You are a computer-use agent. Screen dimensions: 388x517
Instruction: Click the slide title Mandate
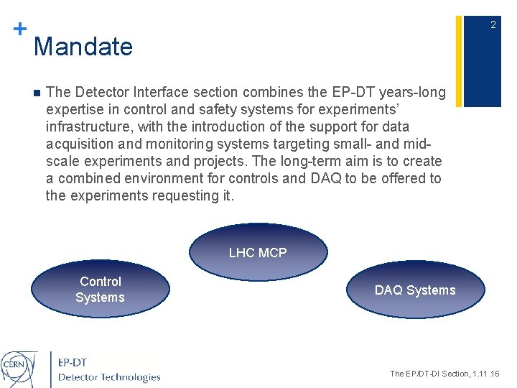(x=83, y=47)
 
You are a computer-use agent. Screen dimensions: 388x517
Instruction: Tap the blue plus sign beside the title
(x=20, y=29)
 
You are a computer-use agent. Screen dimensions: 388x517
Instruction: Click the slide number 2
(x=493, y=25)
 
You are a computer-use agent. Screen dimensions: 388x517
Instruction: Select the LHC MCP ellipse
(x=258, y=252)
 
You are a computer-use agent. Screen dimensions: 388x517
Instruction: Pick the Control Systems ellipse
(x=101, y=290)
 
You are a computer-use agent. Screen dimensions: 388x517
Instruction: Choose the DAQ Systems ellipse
(x=415, y=290)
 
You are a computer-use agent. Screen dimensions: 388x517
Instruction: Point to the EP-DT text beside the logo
(x=73, y=363)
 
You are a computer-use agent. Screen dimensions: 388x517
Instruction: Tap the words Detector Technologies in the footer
(x=109, y=377)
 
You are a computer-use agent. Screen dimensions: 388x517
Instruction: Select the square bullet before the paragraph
(x=35, y=93)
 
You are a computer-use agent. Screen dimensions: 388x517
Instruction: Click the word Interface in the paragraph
(x=150, y=93)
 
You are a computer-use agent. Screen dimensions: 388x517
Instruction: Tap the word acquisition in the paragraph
(x=78, y=144)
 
